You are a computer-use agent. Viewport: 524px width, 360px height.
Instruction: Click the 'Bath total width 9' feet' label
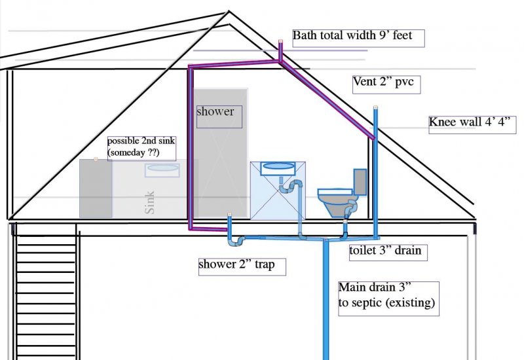[x=358, y=38]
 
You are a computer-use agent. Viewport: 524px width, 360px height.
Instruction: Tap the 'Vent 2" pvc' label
[x=386, y=84]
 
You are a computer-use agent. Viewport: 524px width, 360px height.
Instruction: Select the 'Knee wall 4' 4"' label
[x=472, y=124]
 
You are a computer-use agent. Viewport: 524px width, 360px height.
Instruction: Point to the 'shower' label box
[x=219, y=117]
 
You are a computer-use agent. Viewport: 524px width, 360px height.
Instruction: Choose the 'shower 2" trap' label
[x=242, y=267]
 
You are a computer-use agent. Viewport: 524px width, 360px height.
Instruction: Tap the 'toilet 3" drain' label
[x=388, y=252]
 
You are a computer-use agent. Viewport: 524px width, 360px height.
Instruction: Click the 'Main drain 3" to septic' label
[x=388, y=298]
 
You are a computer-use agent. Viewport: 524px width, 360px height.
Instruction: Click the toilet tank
[x=360, y=182]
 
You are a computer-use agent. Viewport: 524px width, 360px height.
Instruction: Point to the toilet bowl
[x=335, y=202]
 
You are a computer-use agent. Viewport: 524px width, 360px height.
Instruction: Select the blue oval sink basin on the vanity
[x=277, y=166]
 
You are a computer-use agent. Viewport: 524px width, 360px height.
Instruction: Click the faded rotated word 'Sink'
[x=149, y=202]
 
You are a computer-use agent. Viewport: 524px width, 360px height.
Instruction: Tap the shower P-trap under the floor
[x=236, y=240]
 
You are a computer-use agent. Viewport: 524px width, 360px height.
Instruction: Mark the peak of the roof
[x=229, y=11]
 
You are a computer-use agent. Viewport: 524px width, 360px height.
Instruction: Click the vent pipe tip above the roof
[x=281, y=41]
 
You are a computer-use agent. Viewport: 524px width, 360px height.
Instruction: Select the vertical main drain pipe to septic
[x=326, y=300]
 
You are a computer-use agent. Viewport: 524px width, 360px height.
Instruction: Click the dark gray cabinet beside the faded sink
[x=96, y=189]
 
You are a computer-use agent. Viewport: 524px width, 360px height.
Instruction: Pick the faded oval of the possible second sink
[x=162, y=168]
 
